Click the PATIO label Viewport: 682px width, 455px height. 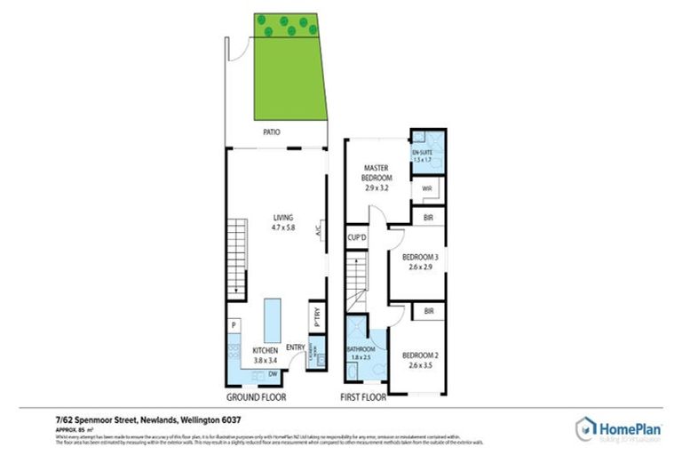[x=272, y=133]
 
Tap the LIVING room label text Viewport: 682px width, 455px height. [x=283, y=217]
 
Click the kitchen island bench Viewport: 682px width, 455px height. [x=273, y=315]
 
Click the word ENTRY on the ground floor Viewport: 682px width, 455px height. [x=295, y=347]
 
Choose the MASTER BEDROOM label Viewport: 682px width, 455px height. [x=377, y=172]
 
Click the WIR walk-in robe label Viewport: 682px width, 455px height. [x=426, y=189]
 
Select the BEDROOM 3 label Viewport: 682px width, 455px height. [x=417, y=258]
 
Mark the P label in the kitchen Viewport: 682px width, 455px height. [x=233, y=325]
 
